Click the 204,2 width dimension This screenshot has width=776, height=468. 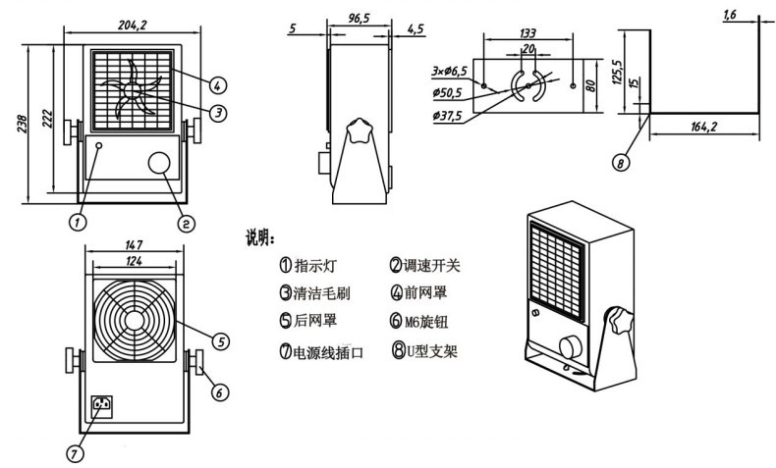pyautogui.click(x=133, y=25)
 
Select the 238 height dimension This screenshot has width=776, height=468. pyautogui.click(x=23, y=124)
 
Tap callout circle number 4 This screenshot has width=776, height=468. pyautogui.click(x=217, y=85)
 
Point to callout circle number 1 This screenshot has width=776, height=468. pyautogui.click(x=78, y=223)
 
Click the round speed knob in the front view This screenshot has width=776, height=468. pyautogui.click(x=159, y=163)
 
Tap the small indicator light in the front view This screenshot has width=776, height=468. pyautogui.click(x=99, y=146)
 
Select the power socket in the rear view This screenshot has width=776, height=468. pyautogui.click(x=102, y=406)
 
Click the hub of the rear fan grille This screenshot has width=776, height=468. pyautogui.click(x=134, y=321)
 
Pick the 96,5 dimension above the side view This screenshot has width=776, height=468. pyautogui.click(x=359, y=19)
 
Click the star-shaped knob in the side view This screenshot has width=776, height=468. pyautogui.click(x=359, y=130)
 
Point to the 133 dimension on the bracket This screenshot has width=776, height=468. pyautogui.click(x=527, y=33)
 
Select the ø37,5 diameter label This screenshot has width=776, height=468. pyautogui.click(x=447, y=116)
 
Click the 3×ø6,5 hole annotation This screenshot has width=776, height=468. pyautogui.click(x=449, y=72)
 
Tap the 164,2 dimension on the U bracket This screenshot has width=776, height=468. pyautogui.click(x=703, y=127)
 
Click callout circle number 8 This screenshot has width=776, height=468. pyautogui.click(x=621, y=162)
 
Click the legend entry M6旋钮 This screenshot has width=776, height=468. pyautogui.click(x=426, y=322)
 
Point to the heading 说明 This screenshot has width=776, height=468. pyautogui.click(x=260, y=238)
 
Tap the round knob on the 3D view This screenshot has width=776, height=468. pyautogui.click(x=572, y=347)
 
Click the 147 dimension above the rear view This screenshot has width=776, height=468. pyautogui.click(x=134, y=244)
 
